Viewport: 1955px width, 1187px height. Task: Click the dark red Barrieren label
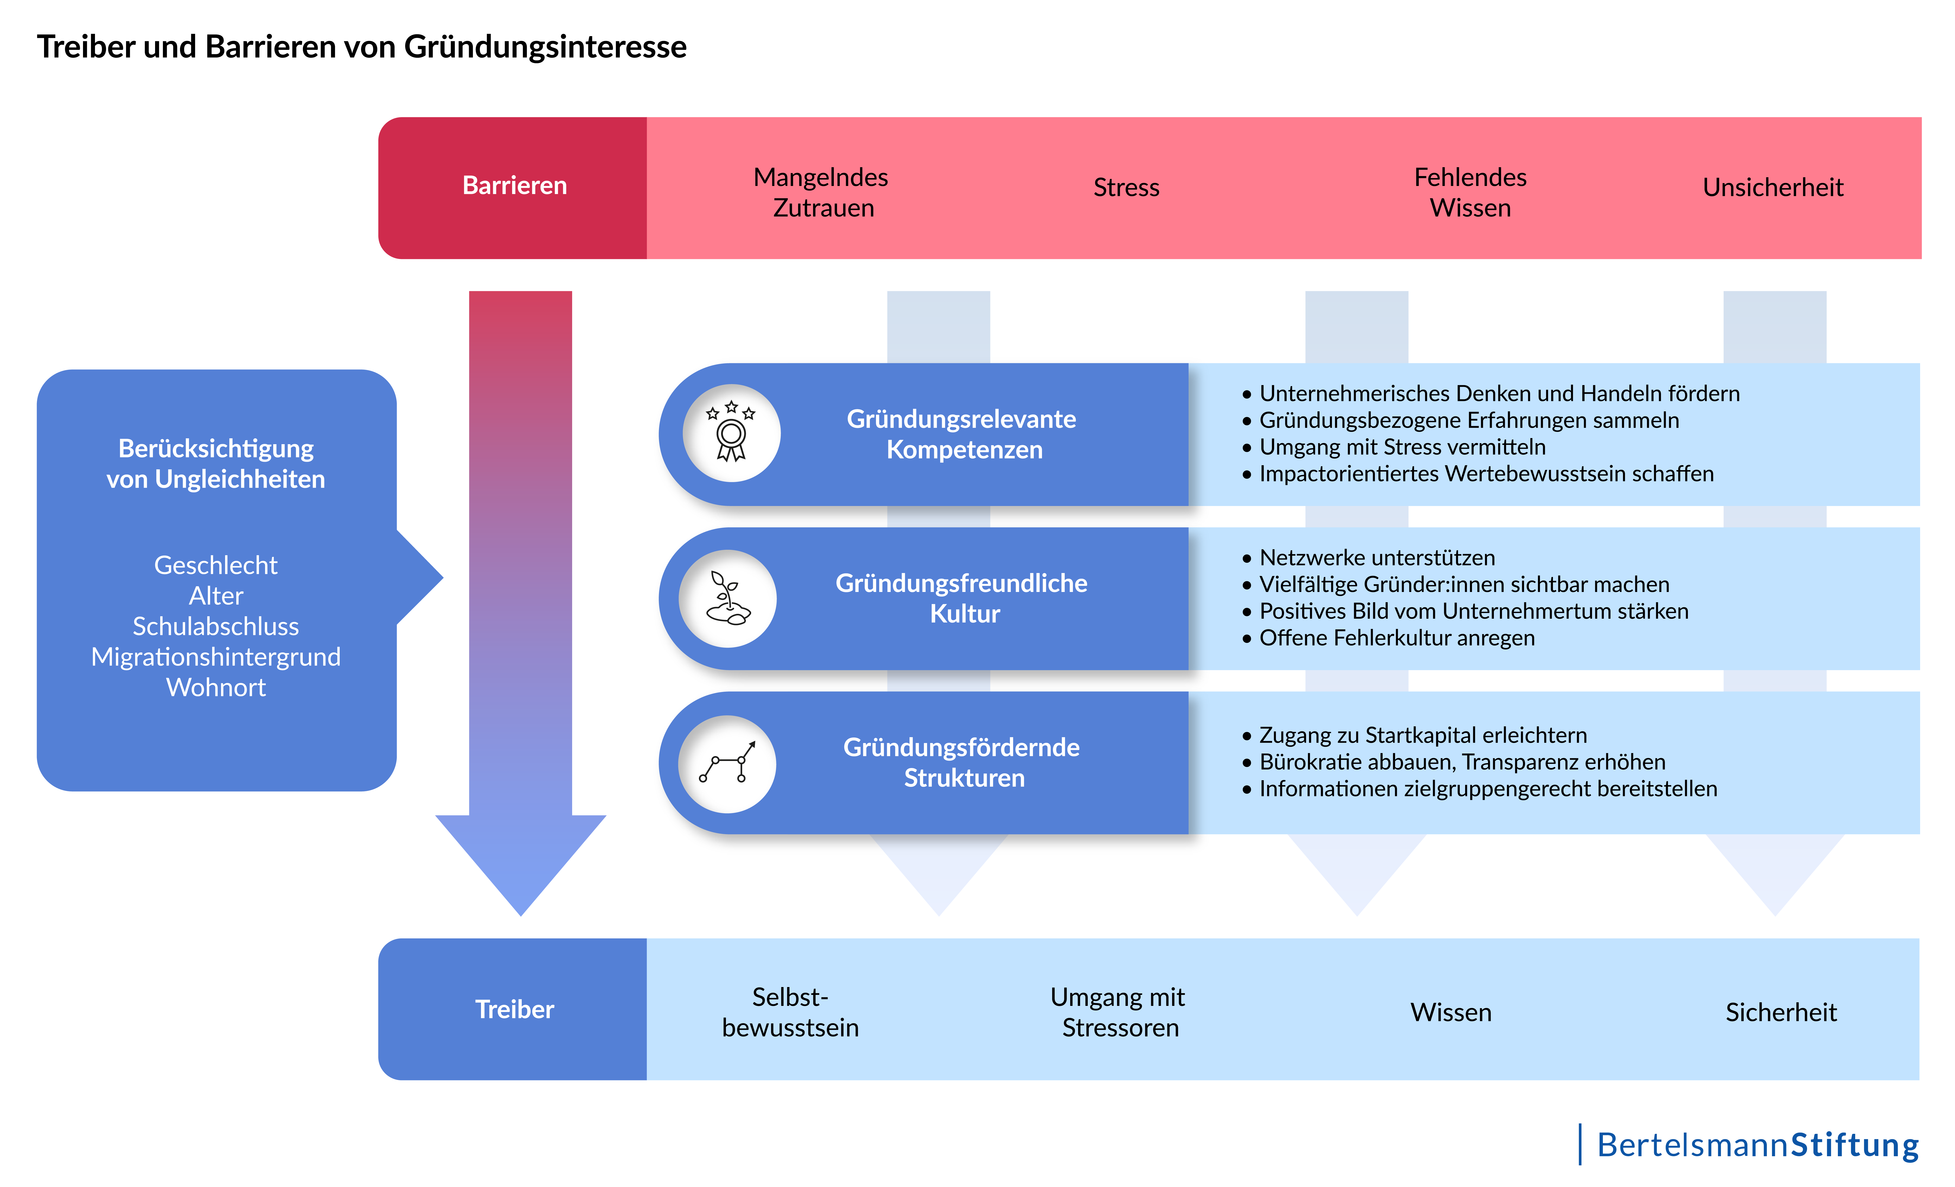coord(514,185)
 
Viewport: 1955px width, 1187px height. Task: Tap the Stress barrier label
coord(1126,188)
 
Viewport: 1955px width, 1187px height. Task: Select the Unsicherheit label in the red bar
coord(1772,188)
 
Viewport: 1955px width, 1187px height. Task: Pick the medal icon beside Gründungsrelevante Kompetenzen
coord(731,433)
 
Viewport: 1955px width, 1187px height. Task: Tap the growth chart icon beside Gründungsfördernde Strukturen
coord(727,764)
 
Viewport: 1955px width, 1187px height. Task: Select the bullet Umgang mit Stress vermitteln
coord(1402,447)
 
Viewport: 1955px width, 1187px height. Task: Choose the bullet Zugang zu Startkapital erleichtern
coord(1423,735)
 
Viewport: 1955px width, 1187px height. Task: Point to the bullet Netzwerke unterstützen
coord(1376,557)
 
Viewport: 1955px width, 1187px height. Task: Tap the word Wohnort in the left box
coord(216,687)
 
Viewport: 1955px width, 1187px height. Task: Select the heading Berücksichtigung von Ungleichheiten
coord(216,464)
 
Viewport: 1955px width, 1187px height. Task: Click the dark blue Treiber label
coord(514,1009)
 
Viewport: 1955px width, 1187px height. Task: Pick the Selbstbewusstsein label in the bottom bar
coord(790,1012)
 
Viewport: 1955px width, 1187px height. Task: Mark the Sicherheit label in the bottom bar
coord(1780,1012)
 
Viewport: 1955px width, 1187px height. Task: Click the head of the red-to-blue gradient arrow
coord(520,864)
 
